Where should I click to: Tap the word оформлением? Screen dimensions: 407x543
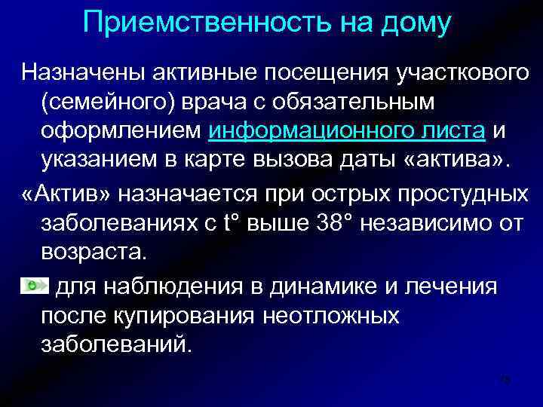pos(118,131)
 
